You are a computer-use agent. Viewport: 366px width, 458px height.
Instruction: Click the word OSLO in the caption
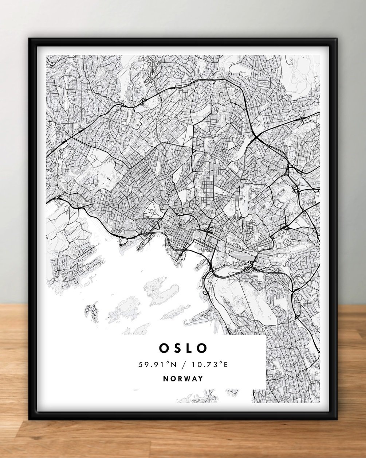(x=183, y=348)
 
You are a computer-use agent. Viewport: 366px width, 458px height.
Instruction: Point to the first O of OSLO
(x=162, y=348)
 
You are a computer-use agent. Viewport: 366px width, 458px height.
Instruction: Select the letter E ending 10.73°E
(x=225, y=364)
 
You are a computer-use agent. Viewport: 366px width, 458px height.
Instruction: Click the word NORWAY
(x=183, y=379)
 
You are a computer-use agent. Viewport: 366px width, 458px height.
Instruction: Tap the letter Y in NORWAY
(x=200, y=379)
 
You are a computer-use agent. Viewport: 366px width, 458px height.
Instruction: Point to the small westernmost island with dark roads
(x=90, y=310)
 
